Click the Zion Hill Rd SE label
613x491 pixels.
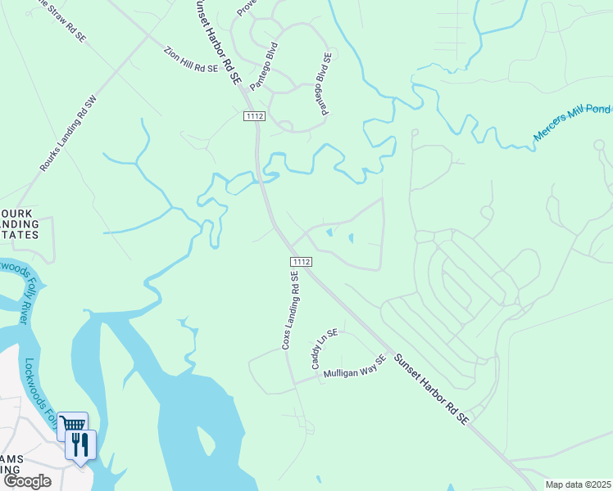tap(189, 59)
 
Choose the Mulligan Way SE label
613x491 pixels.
tap(353, 367)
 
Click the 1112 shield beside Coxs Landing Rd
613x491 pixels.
tap(301, 261)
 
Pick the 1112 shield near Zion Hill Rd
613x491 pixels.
tap(254, 117)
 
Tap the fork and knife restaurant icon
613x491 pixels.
tap(80, 444)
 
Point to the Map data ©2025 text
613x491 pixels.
tap(577, 484)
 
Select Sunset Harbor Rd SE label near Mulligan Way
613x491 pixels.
tap(430, 388)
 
